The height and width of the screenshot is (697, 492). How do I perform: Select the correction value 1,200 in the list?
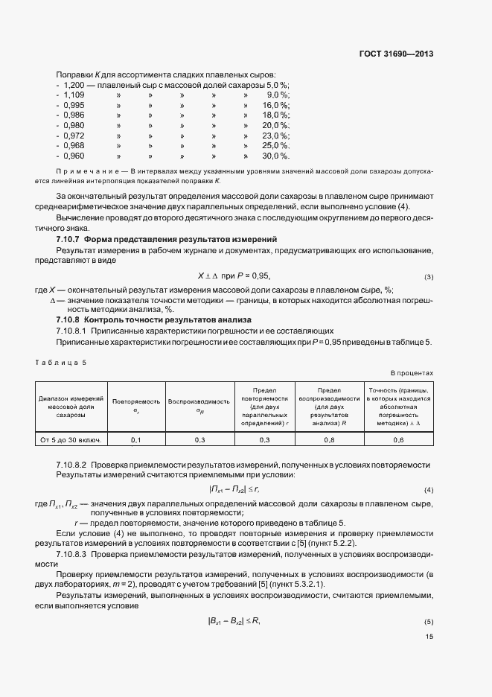tap(74, 86)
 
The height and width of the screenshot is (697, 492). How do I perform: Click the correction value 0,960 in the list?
tap(74, 156)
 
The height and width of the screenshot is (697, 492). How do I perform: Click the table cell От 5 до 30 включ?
tap(70, 440)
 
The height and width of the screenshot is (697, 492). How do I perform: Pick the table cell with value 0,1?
tap(136, 440)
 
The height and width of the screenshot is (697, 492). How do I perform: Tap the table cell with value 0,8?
tap(331, 440)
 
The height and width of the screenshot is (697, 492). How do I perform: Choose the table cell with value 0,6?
tap(398, 440)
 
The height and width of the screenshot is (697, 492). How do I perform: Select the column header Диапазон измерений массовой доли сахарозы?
tap(70, 405)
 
